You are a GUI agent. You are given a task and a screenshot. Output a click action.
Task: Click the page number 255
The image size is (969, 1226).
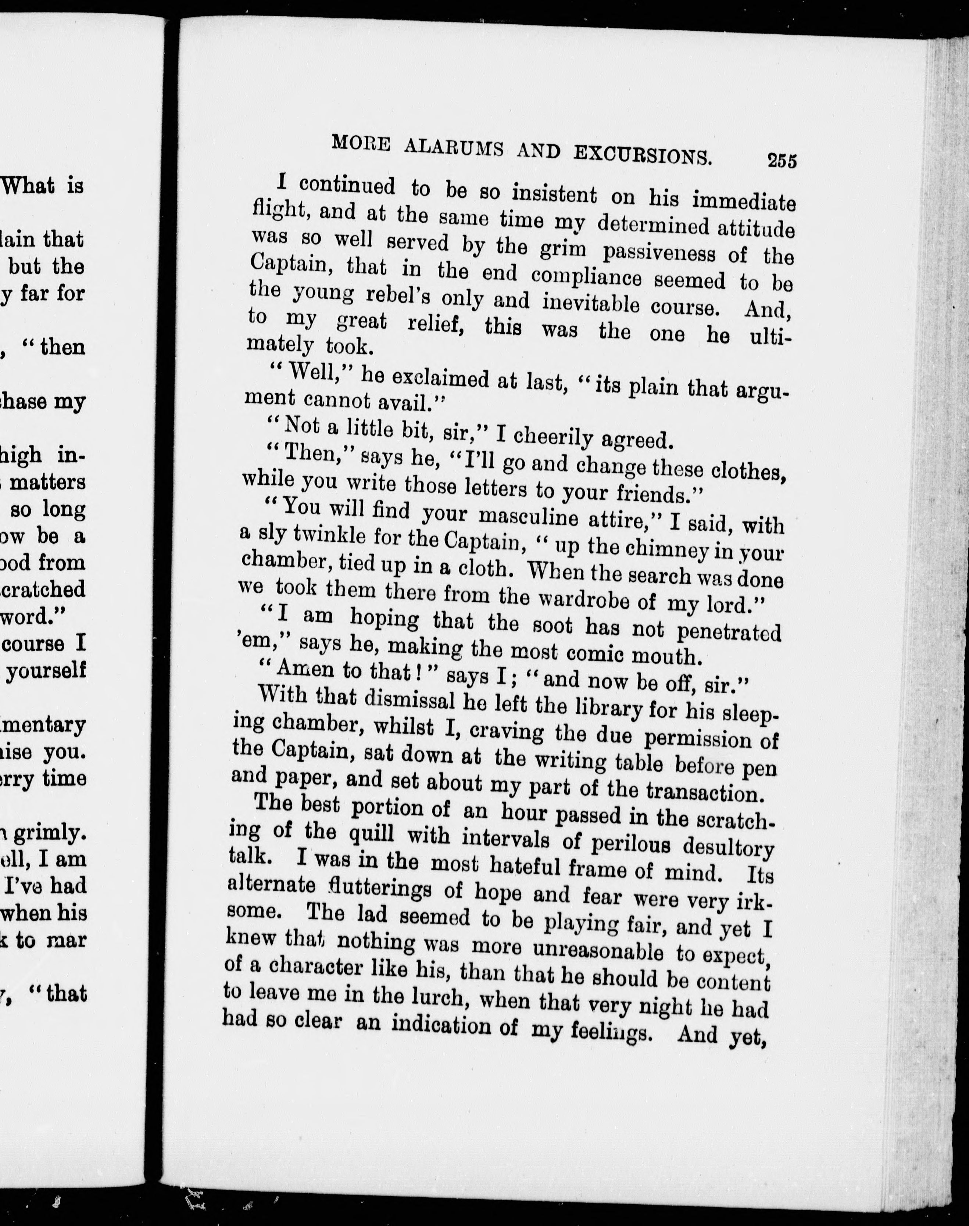(x=782, y=161)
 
